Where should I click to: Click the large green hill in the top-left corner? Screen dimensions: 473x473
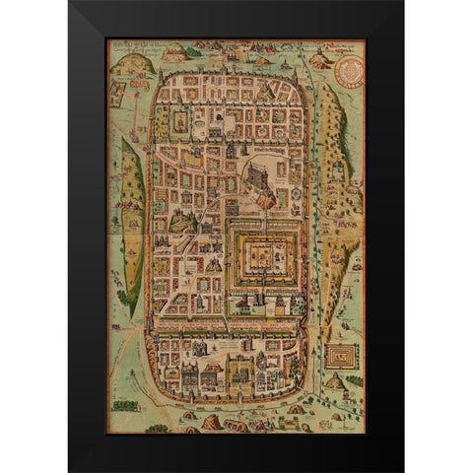[x=129, y=65]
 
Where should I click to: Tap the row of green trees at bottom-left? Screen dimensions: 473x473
[x=126, y=404]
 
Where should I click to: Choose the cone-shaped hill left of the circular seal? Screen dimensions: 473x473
[x=318, y=60]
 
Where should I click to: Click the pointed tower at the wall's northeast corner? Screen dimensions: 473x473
[x=293, y=72]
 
